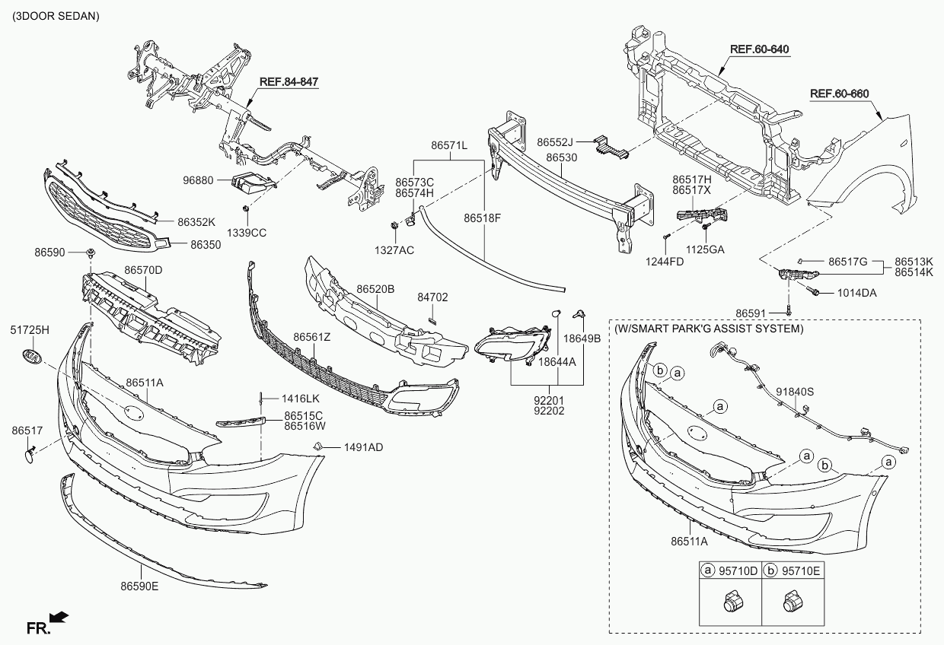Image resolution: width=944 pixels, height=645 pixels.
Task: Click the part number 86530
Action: tap(561, 157)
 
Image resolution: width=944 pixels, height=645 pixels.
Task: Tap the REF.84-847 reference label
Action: tap(289, 81)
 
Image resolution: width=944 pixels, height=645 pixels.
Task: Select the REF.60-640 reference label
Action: tap(760, 49)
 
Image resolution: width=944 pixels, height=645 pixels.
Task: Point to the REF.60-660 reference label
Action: tap(840, 94)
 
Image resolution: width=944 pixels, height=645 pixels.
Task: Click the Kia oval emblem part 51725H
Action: tap(32, 357)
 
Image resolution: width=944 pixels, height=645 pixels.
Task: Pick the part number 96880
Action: tap(198, 180)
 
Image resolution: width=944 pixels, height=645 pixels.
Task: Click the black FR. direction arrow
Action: tap(59, 617)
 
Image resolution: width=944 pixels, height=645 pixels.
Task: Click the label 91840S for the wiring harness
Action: tap(795, 392)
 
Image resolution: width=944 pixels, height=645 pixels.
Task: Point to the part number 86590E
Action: tap(139, 586)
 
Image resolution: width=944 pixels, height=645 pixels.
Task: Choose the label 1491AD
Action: tap(363, 447)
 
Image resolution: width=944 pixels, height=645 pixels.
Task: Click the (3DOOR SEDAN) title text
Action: tap(56, 17)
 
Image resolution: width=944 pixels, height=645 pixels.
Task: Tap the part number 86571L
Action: tap(449, 146)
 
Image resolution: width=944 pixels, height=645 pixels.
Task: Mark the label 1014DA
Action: tap(856, 293)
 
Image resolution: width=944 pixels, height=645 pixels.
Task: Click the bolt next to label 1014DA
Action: tap(812, 291)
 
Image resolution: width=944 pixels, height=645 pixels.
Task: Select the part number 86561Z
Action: tap(312, 337)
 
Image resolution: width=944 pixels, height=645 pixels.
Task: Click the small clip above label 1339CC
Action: tap(246, 208)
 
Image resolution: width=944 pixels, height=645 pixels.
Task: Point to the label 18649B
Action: tap(582, 338)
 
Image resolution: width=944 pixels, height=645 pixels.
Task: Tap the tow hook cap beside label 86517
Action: tap(30, 456)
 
